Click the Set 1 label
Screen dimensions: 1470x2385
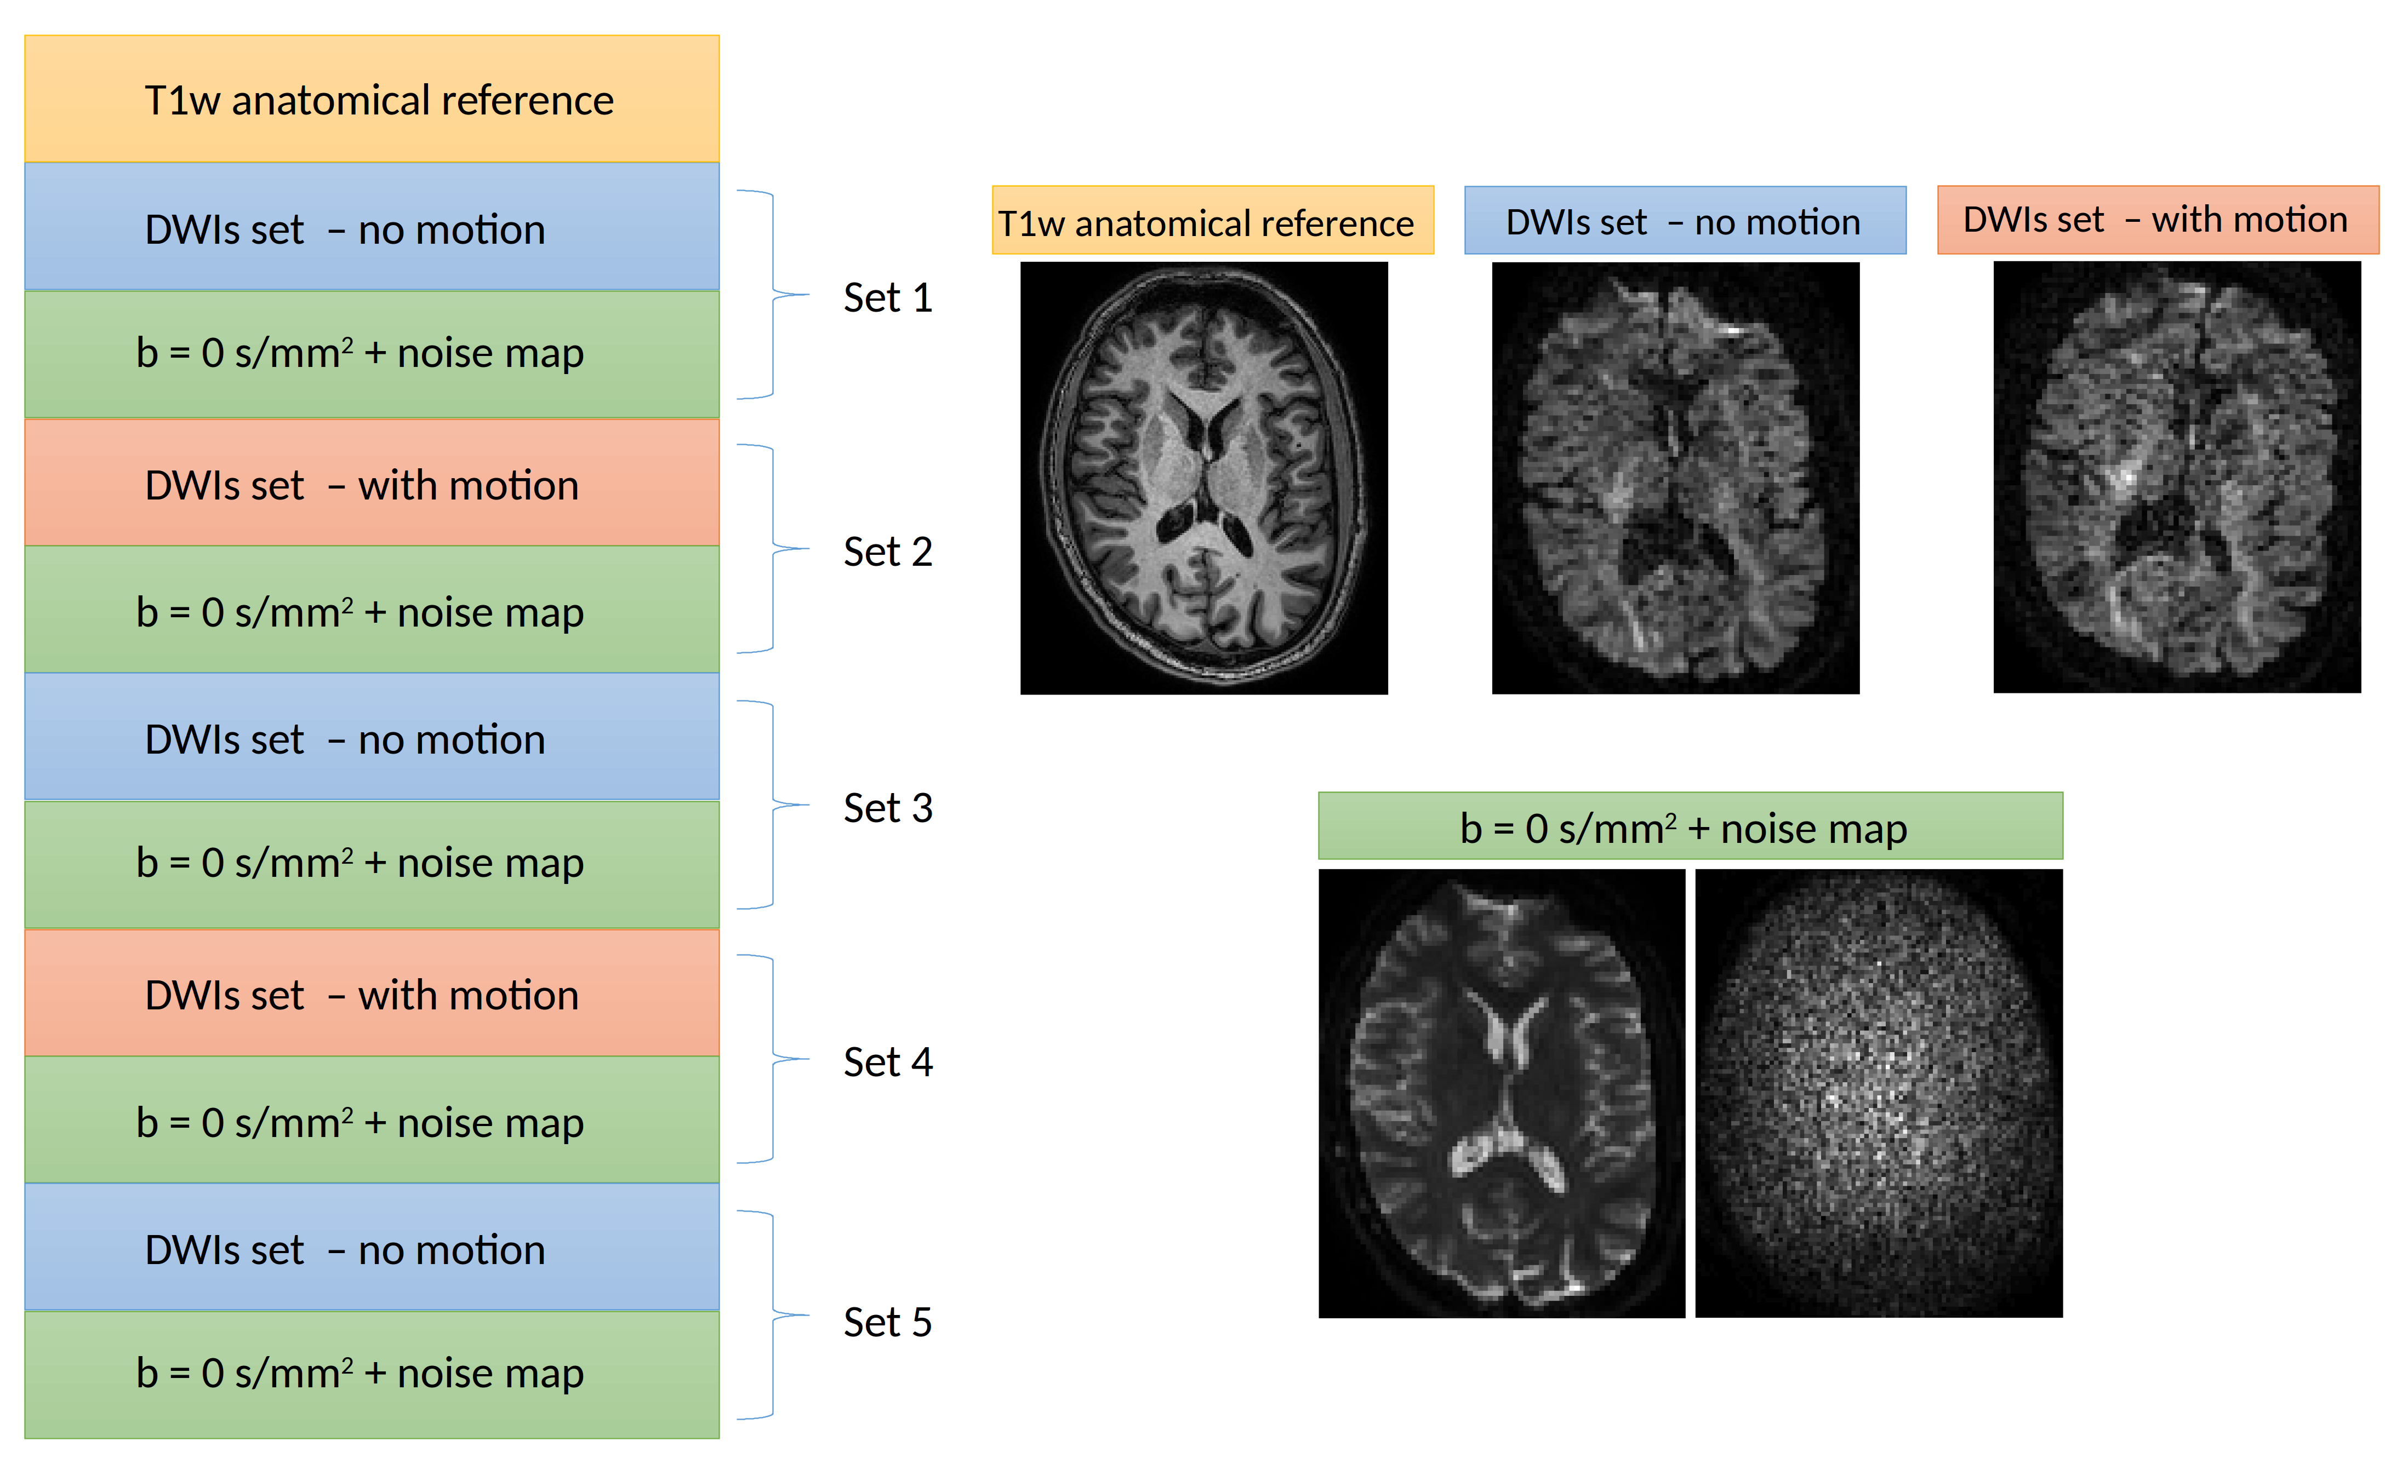pos(887,297)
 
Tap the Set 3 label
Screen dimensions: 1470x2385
pos(887,808)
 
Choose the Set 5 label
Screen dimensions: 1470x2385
pos(887,1322)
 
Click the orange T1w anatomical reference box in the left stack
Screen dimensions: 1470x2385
pos(372,99)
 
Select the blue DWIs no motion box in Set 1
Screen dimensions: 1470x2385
pos(372,227)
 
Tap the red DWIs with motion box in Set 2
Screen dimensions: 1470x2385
pos(372,483)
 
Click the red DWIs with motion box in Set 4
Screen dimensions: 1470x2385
pos(372,994)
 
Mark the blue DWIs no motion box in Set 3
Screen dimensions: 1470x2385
pos(372,738)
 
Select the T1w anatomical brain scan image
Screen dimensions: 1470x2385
pos(1203,478)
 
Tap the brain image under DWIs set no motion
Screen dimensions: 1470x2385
pos(1675,478)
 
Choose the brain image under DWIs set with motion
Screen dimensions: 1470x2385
pos(2177,476)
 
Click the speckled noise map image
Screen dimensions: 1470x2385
pos(1878,1093)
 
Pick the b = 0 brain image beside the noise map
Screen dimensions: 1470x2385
pos(1501,1093)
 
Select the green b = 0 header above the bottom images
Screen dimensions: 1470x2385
pos(1690,826)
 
